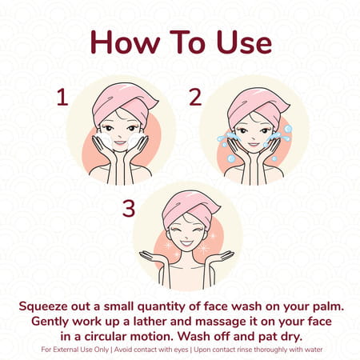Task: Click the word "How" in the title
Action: click(x=126, y=42)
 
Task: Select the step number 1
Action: click(x=62, y=98)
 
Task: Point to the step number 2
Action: click(x=195, y=98)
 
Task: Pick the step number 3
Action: click(x=129, y=208)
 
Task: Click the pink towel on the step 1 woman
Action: click(x=122, y=102)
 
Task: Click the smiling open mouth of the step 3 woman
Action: click(x=186, y=243)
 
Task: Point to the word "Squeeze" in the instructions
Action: click(x=43, y=306)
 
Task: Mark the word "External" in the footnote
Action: click(x=64, y=350)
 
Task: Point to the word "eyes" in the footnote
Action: click(x=181, y=350)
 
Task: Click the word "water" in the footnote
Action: click(x=314, y=350)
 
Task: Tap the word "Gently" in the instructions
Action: click(x=50, y=322)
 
